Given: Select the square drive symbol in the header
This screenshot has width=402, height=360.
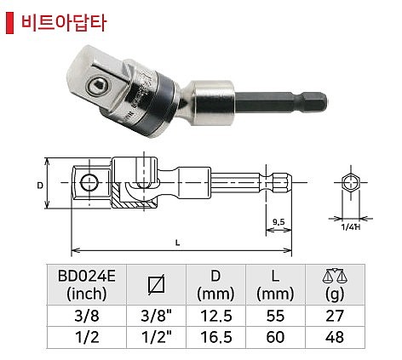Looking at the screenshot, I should [x=154, y=284].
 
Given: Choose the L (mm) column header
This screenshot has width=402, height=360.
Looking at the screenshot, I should [x=273, y=285].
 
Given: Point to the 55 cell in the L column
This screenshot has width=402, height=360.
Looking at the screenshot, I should [x=273, y=315].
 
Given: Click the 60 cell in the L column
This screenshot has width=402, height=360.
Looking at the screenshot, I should [x=273, y=337].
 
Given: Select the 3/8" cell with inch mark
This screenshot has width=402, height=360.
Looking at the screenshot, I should [x=154, y=315].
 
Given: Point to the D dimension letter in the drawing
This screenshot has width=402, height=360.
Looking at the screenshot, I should [x=40, y=183].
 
